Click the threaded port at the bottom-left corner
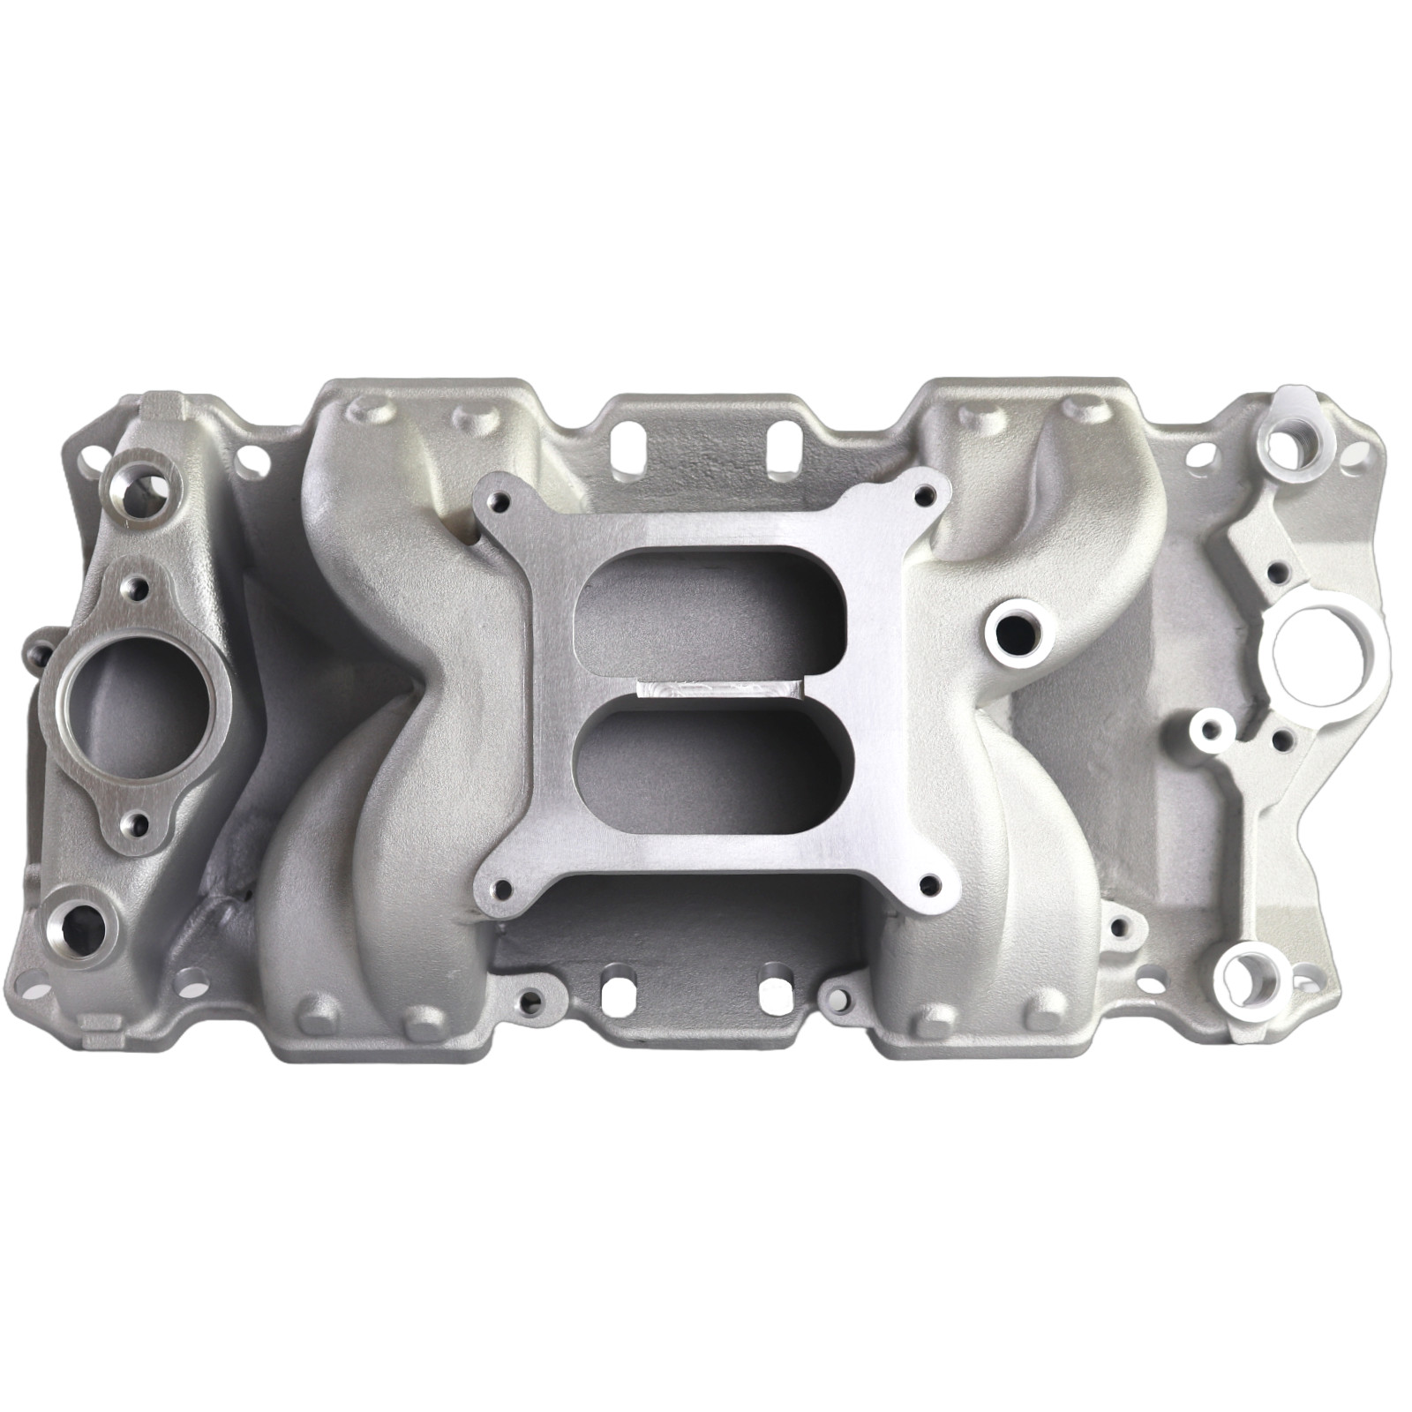pyautogui.click(x=86, y=920)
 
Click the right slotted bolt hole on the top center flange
pyautogui.click(x=778, y=439)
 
